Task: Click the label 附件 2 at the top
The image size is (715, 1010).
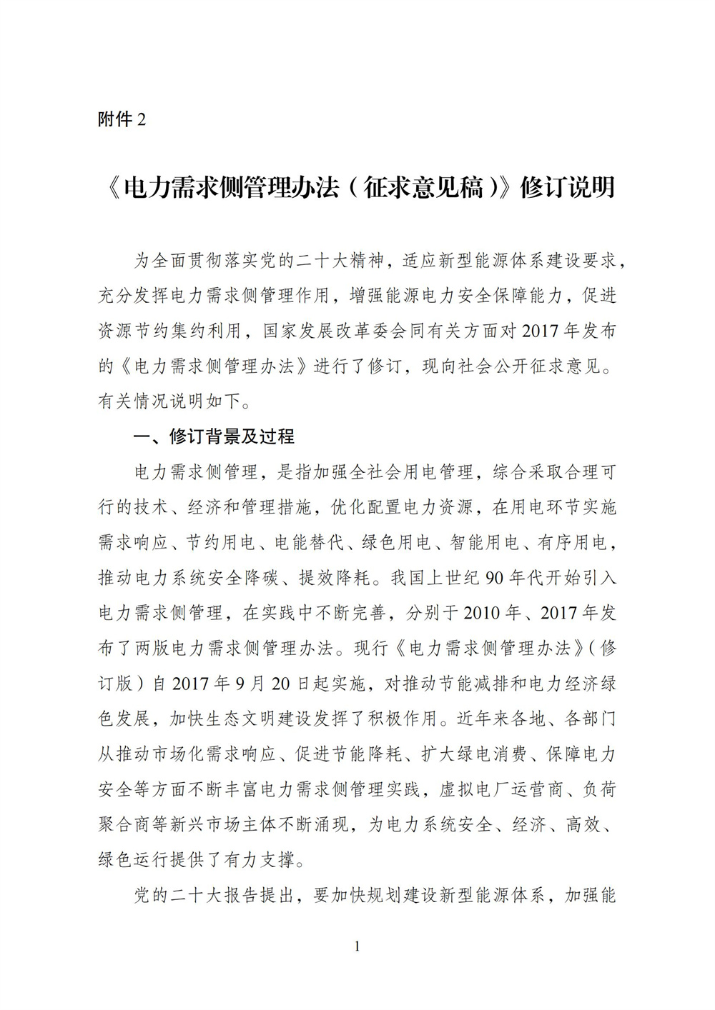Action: click(x=121, y=119)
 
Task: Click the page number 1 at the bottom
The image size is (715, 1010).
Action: click(x=357, y=947)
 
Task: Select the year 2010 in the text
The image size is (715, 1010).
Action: click(x=483, y=613)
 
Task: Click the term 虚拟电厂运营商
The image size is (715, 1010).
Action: click(x=500, y=789)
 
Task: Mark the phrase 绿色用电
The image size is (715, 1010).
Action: click(x=397, y=543)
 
